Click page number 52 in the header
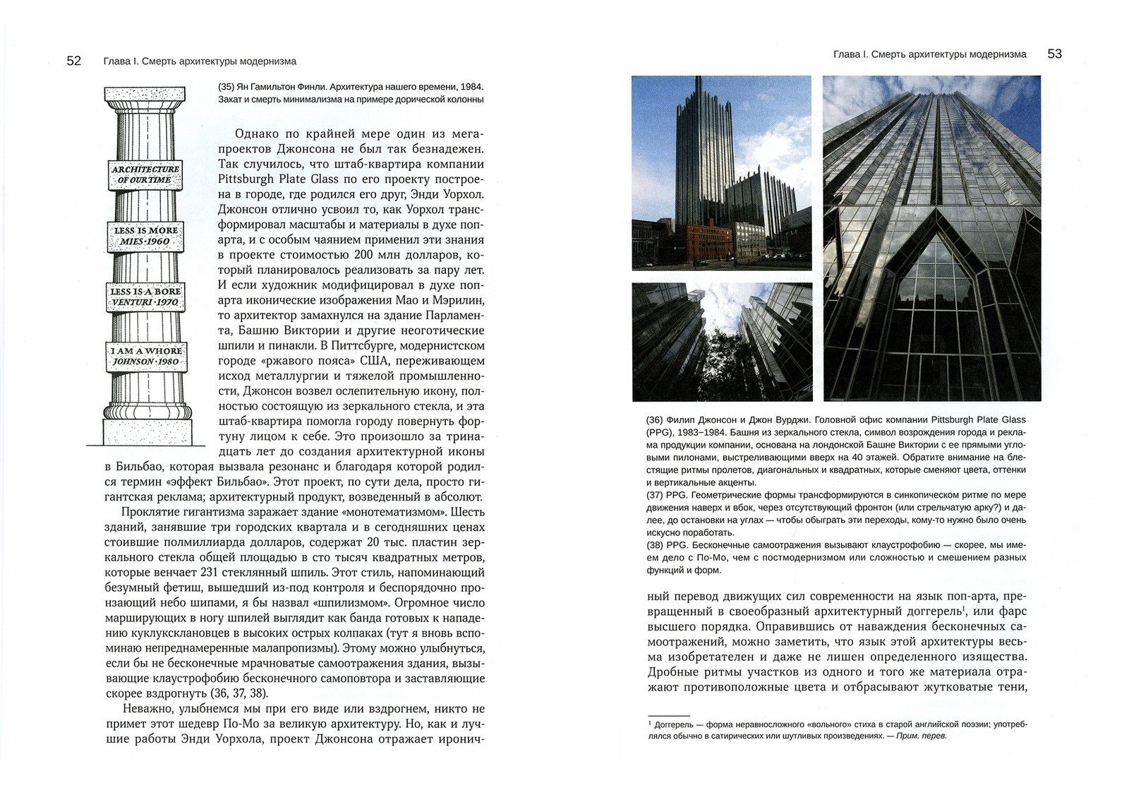[74, 61]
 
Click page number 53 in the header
[1054, 54]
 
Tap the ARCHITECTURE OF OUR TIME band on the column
[145, 174]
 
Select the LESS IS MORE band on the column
[146, 236]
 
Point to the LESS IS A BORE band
[145, 297]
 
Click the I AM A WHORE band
[145, 356]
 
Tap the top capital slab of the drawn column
[145, 94]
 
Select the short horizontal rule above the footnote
[668, 715]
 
